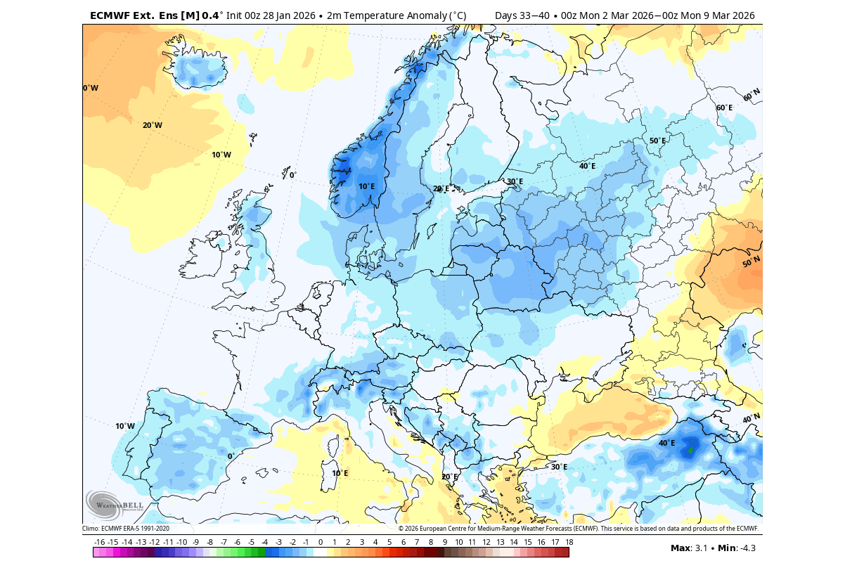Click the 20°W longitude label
coord(152,125)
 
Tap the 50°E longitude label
coord(657,141)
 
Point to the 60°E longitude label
coord(724,108)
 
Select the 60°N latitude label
coord(752,94)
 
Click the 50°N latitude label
coord(751,262)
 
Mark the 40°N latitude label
coord(751,419)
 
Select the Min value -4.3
coord(746,548)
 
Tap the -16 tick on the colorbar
coord(99,542)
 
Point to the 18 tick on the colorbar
coord(569,542)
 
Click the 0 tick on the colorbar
coord(320,542)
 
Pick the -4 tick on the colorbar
coord(264,542)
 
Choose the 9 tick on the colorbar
coord(444,542)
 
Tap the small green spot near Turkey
coord(690,451)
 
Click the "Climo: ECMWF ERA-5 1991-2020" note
coord(126,528)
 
